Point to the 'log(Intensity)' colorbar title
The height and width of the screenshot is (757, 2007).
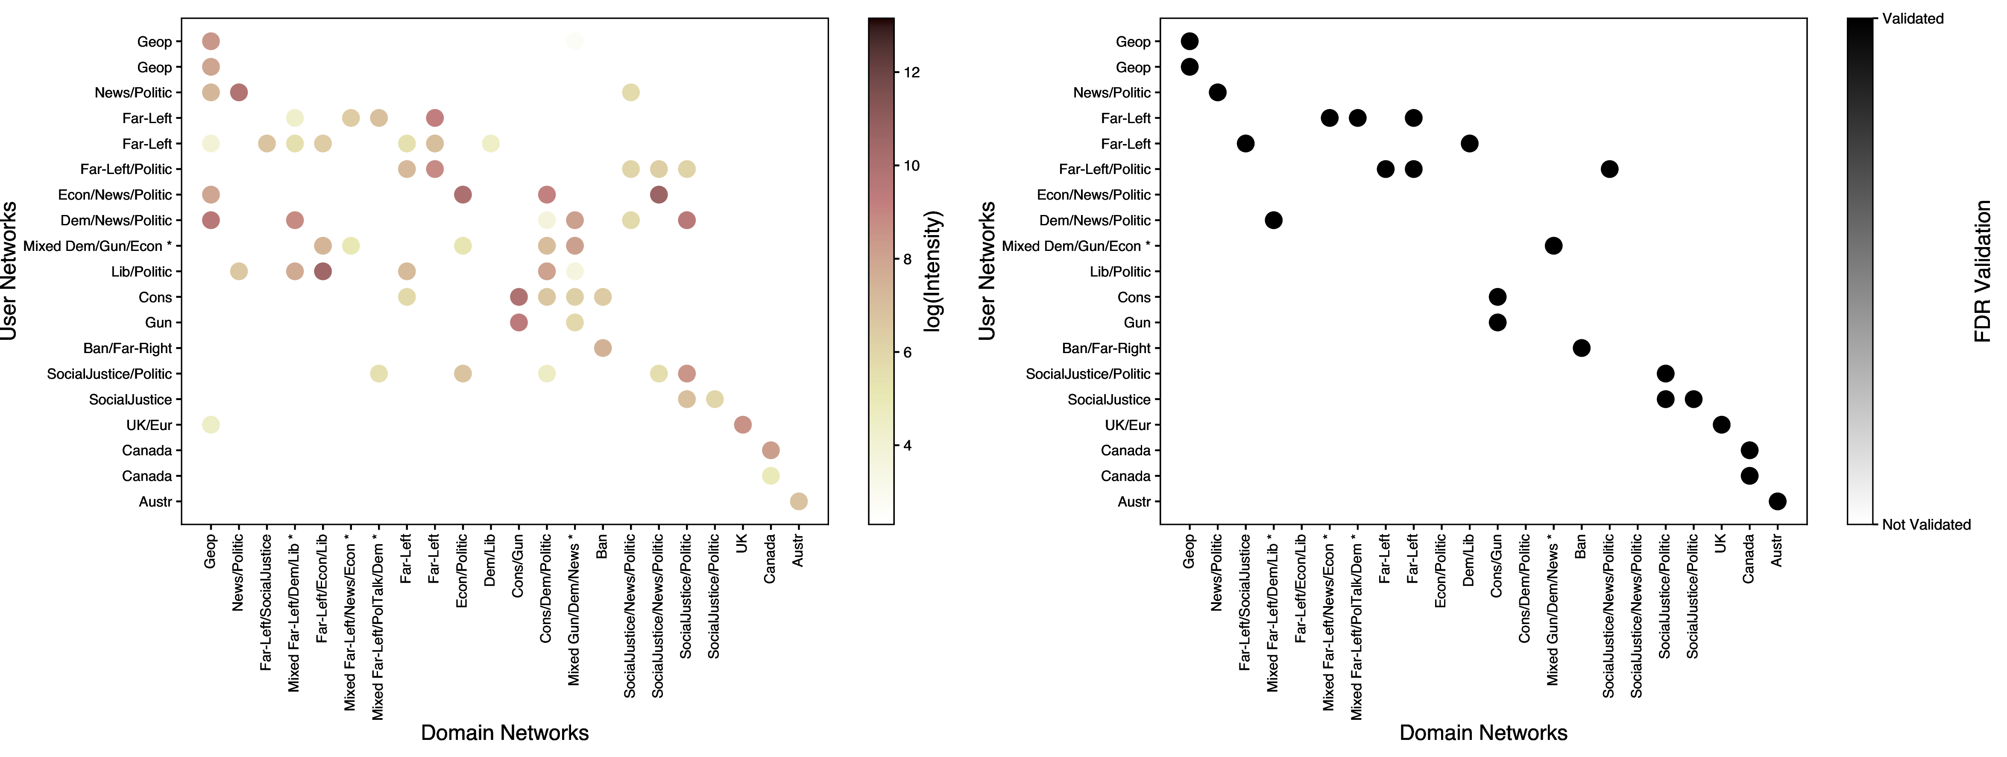coord(933,271)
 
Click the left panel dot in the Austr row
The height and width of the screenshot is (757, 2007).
coord(799,501)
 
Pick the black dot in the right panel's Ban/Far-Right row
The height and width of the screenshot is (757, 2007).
coord(1581,348)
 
